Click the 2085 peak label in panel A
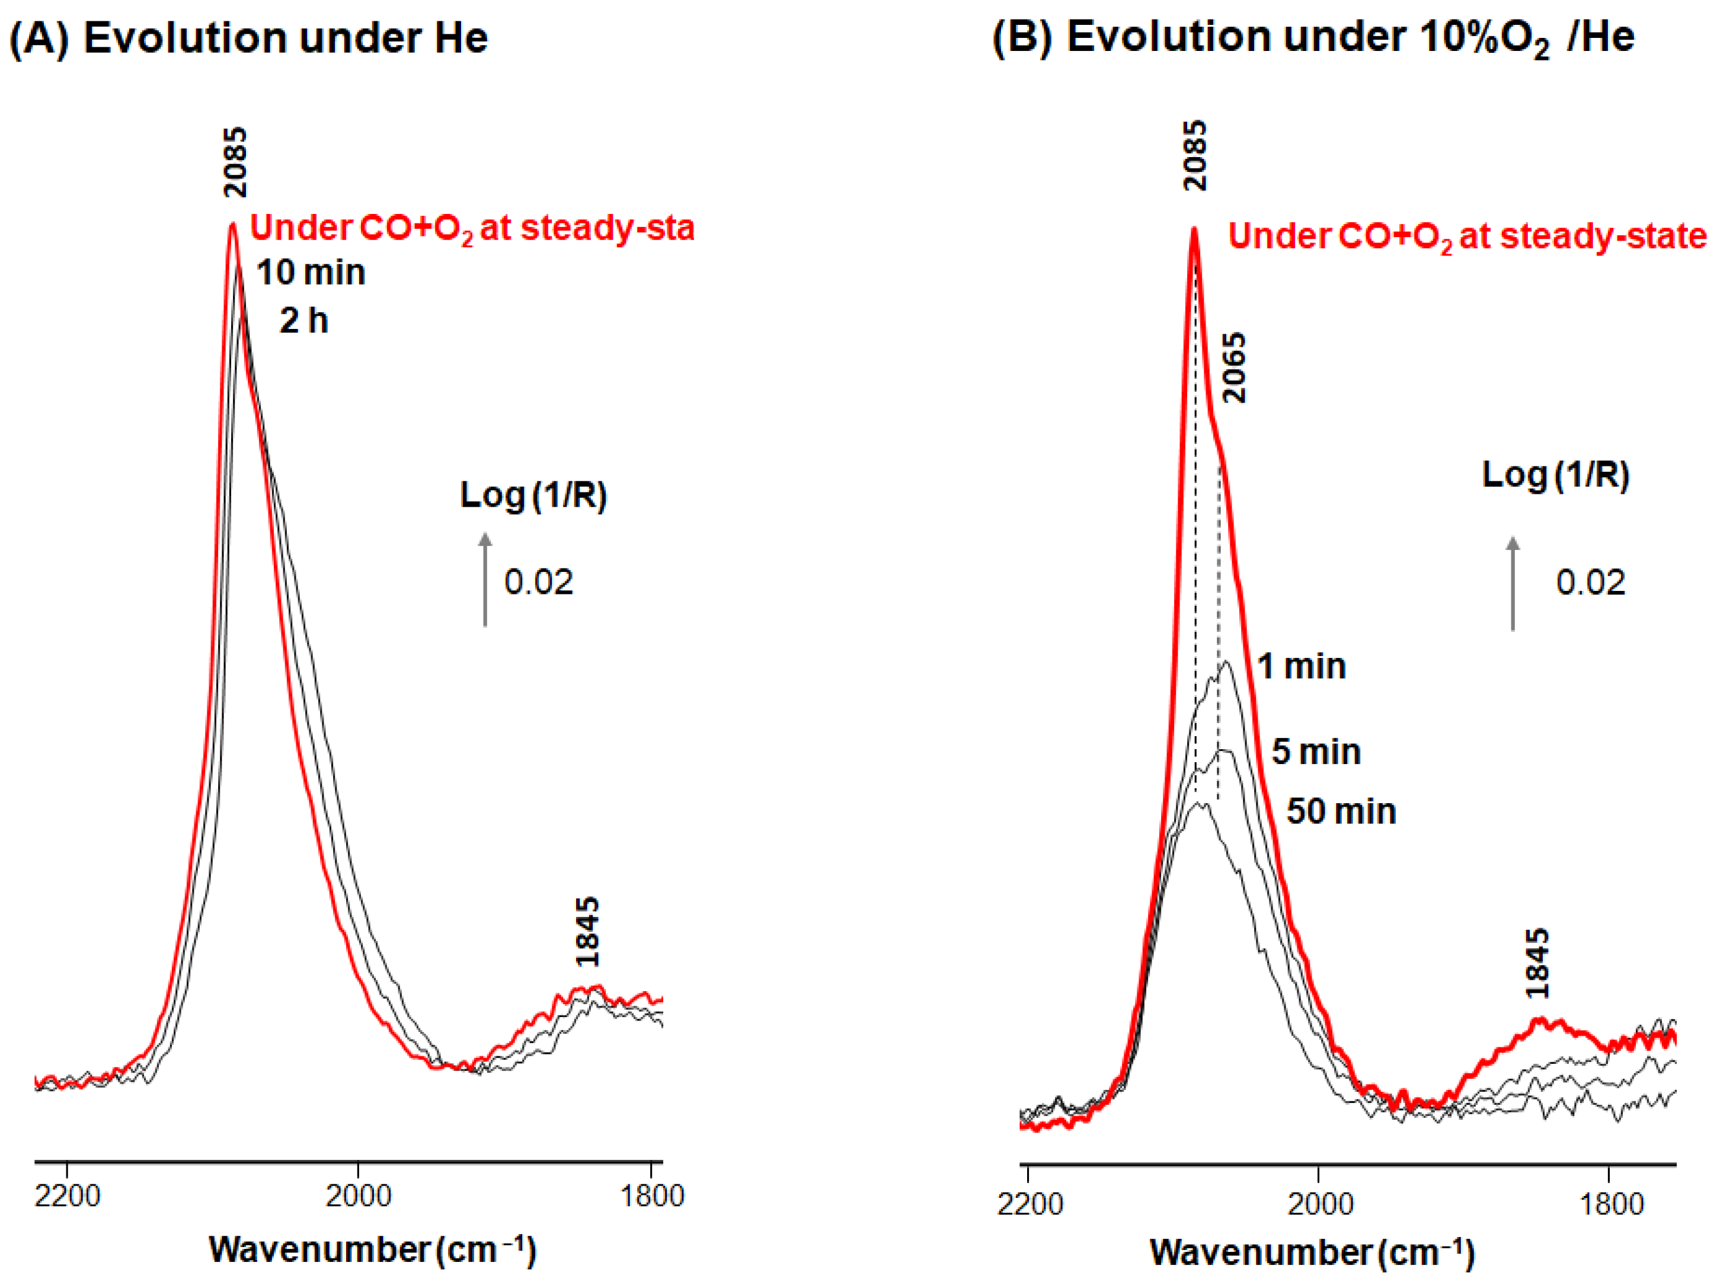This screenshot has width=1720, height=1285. pos(235,162)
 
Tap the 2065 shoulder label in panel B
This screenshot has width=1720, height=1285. pos(1234,367)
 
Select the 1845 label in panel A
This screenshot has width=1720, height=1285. pos(588,932)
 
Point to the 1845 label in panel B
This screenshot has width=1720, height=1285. pos(1537,963)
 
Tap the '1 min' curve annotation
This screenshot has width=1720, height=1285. pos(1302,666)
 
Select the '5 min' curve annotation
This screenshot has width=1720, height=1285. pos(1316,752)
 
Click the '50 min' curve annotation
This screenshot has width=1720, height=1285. pos(1341,811)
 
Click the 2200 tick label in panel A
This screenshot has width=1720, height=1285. pos(68,1196)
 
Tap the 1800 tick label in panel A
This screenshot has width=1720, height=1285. pos(651,1196)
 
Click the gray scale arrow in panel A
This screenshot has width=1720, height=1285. pos(485,579)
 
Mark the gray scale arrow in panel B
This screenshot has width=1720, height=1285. pos(1513,583)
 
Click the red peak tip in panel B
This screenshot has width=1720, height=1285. pos(1194,229)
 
